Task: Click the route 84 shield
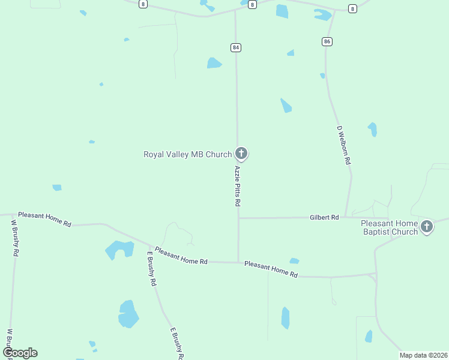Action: [235, 47]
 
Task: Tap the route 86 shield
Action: [327, 41]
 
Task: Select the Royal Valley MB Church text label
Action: [187, 154]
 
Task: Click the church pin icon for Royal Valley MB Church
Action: [241, 154]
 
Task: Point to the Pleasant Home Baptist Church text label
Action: [389, 227]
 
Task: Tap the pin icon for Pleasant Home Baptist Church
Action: [427, 226]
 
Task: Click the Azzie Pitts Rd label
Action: [238, 187]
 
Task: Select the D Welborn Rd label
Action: [344, 145]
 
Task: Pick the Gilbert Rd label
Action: [324, 217]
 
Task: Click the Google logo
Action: [20, 352]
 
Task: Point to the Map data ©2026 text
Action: [423, 355]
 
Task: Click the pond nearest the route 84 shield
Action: [214, 63]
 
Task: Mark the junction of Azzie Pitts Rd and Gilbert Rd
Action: [238, 218]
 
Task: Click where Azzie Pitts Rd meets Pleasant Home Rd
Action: [238, 262]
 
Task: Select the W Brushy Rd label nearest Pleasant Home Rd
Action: [14, 238]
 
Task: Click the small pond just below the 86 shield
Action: [322, 76]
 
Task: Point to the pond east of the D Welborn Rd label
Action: [373, 129]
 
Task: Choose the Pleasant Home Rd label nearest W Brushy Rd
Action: [44, 219]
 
